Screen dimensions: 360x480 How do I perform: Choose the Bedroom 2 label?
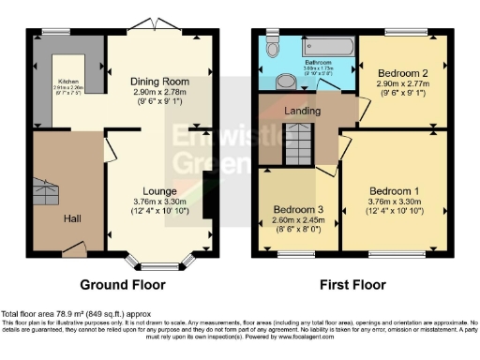[403, 72]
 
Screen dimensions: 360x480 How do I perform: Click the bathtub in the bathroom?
[323, 44]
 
